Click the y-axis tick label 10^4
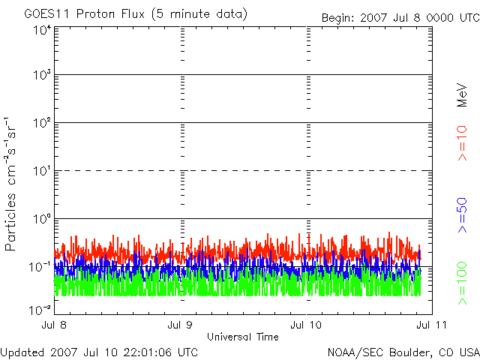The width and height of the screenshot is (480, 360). [x=42, y=30]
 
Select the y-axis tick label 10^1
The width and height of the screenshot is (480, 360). [x=42, y=172]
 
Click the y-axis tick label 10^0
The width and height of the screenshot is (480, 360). [x=42, y=219]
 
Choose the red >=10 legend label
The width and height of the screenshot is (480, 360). [x=463, y=143]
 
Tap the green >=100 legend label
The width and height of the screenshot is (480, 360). [x=463, y=283]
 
